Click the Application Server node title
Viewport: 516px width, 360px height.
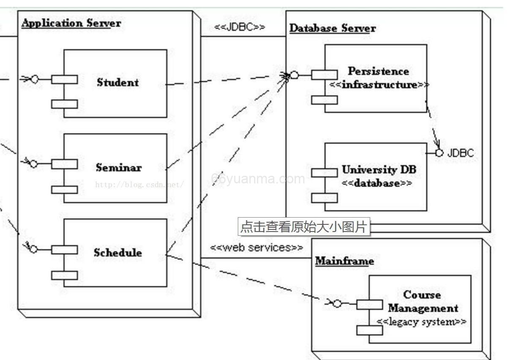71,23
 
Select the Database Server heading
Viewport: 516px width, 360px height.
332,29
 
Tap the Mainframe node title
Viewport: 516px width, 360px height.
344,261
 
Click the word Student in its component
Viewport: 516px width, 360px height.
117,82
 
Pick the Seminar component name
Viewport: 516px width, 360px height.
118,168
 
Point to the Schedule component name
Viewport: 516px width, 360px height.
117,253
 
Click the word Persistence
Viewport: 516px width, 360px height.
378,71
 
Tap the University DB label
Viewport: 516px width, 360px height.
379,170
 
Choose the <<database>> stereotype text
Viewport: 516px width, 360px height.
377,184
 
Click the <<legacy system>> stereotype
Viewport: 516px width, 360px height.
421,322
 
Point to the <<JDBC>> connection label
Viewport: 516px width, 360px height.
240,27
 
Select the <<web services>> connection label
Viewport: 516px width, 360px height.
257,248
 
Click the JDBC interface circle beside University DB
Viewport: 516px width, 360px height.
440,153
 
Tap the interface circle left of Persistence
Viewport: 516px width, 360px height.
295,75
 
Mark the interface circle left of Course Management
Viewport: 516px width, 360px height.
337,303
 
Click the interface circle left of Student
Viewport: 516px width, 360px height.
35,79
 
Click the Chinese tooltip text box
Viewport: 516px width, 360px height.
303,227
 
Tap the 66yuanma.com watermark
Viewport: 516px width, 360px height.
258,179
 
